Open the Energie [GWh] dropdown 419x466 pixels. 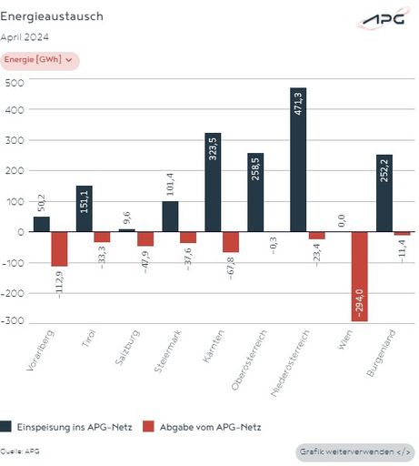(40, 60)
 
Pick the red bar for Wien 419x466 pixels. (360, 276)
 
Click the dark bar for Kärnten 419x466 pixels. (213, 182)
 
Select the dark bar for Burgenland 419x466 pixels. (384, 193)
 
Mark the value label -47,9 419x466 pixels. (145, 259)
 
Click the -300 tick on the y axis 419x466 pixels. (13, 322)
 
